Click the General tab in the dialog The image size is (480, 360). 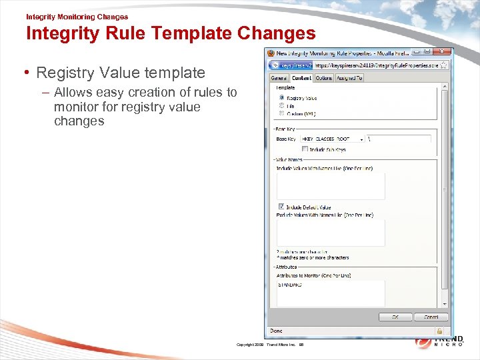click(278, 78)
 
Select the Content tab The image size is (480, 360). click(301, 78)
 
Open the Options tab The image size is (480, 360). click(324, 78)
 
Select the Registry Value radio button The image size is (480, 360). click(282, 97)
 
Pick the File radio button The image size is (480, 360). click(282, 105)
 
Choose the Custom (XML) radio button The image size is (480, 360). click(282, 113)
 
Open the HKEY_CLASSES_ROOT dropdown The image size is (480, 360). click(361, 139)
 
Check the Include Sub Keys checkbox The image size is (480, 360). click(305, 149)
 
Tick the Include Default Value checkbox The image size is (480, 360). click(281, 207)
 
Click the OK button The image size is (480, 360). click(395, 317)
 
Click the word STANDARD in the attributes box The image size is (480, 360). click(290, 285)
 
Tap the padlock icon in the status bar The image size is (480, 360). click(439, 330)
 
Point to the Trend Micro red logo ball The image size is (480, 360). click(423, 341)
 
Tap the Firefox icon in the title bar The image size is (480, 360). click(271, 53)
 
